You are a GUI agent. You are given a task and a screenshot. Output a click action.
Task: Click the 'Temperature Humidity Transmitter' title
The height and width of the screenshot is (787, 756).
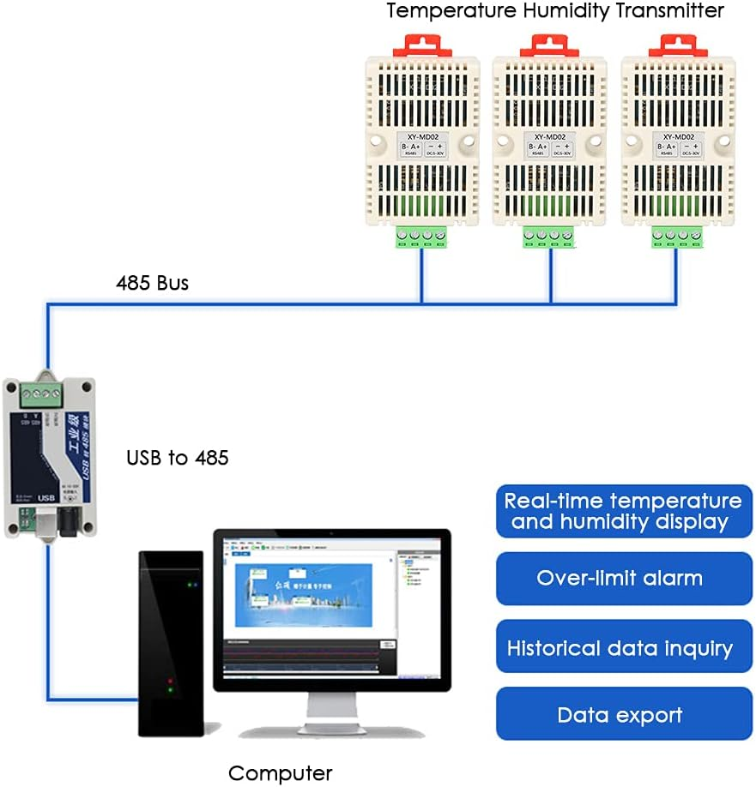555,11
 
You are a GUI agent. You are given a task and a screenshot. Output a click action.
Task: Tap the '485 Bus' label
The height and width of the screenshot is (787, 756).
153,282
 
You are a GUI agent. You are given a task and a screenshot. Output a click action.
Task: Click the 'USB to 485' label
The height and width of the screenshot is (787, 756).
178,458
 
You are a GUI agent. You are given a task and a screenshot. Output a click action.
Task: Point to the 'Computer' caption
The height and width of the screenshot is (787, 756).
280,772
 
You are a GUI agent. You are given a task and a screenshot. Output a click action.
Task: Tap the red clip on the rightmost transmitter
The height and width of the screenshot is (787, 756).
678,45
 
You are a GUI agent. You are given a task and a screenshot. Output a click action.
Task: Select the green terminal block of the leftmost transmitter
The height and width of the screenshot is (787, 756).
421,236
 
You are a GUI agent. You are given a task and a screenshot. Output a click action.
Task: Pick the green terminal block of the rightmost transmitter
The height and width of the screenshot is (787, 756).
678,236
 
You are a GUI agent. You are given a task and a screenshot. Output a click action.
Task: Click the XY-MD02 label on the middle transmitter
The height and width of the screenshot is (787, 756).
549,135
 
